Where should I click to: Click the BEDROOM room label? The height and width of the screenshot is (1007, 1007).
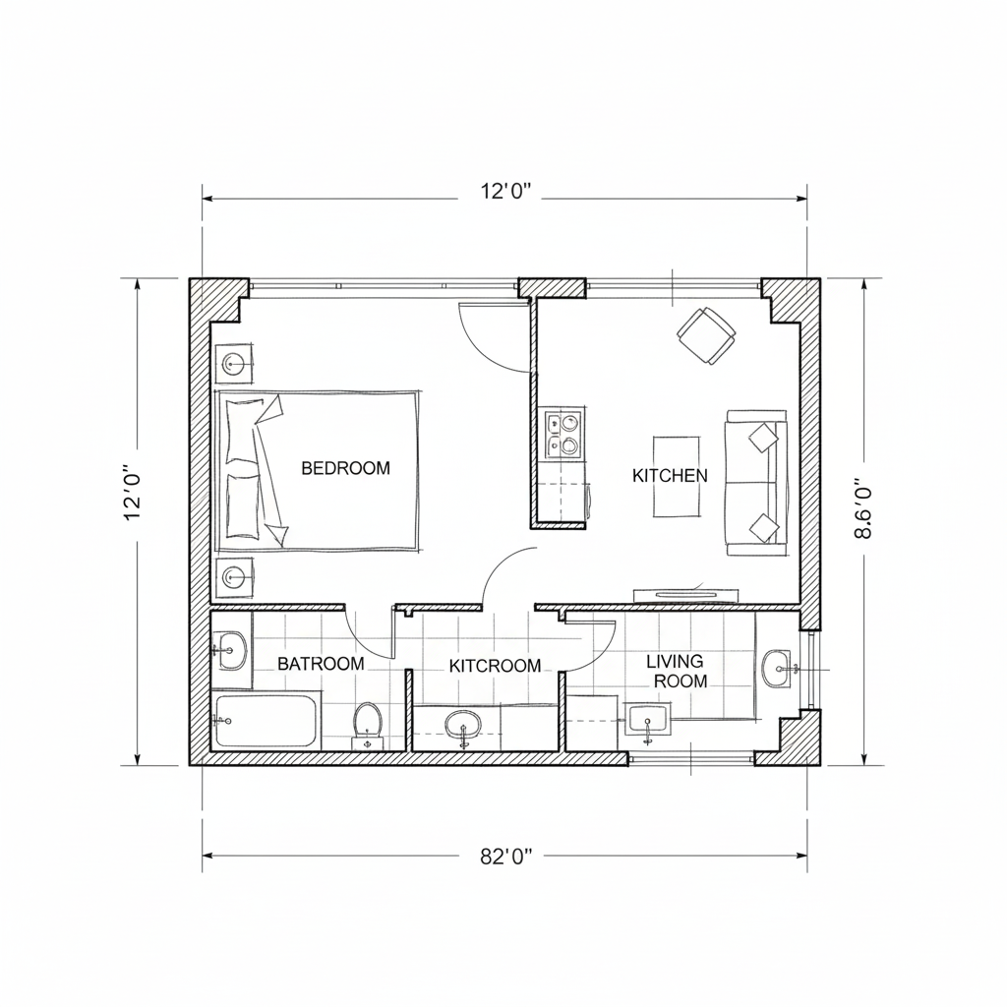point(345,468)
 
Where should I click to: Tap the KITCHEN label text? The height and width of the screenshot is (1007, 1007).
point(670,476)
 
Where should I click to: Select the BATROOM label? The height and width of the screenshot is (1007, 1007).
point(321,664)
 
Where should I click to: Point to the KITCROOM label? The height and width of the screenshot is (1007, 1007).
point(495,666)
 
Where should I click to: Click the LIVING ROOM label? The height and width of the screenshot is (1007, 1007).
point(678,671)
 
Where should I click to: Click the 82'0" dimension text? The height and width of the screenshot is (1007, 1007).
point(506,857)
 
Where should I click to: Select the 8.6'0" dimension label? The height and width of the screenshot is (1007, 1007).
point(863,507)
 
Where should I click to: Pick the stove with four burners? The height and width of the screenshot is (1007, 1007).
point(563,434)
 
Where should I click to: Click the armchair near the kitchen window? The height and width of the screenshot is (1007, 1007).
point(706,335)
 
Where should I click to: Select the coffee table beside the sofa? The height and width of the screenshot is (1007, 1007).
point(677,476)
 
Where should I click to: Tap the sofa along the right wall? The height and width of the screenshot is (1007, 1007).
point(756,483)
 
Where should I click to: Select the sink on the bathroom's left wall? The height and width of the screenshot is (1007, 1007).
point(230,651)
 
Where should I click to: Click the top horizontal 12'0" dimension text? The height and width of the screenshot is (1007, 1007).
point(506,192)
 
